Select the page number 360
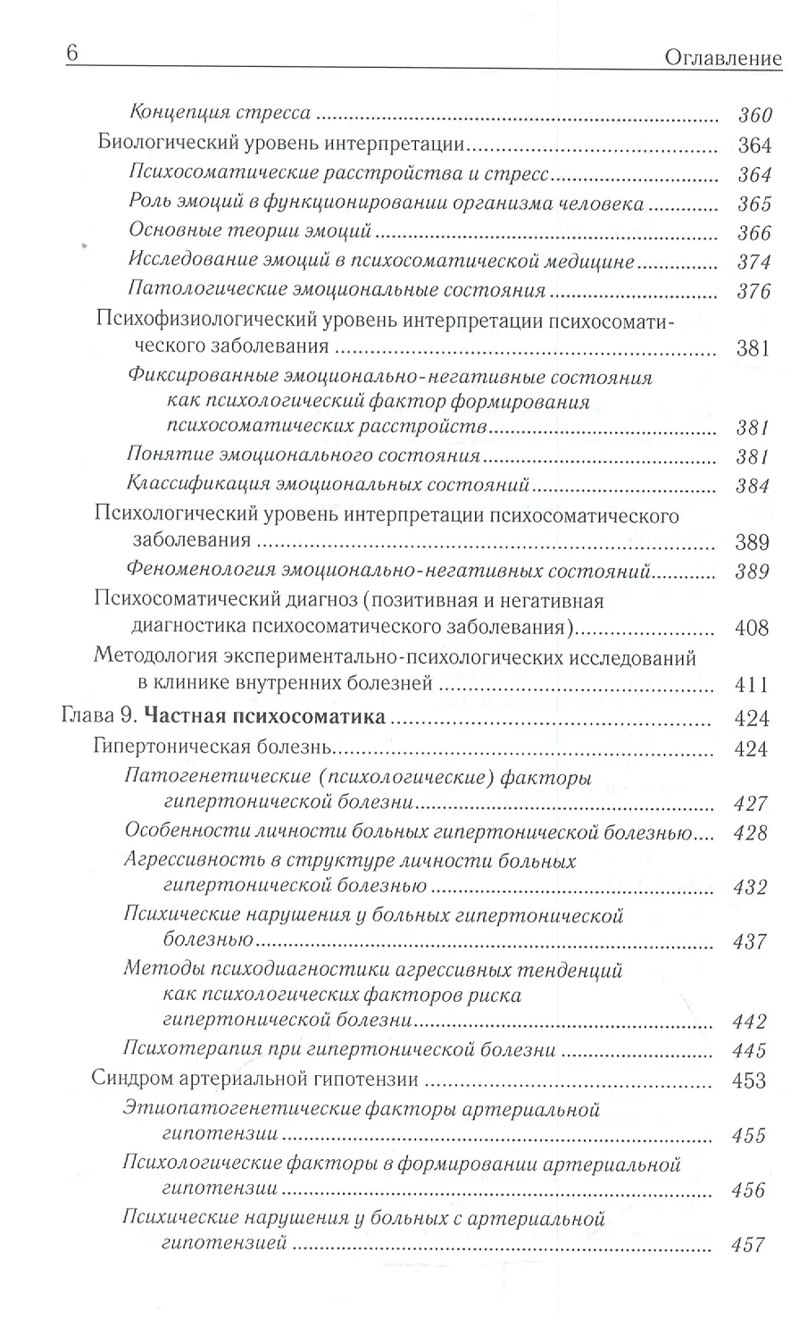pos(753,115)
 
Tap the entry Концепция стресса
pos(220,113)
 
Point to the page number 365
pos(753,204)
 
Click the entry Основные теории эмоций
pos(250,231)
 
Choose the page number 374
pos(753,262)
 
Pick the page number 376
pos(753,291)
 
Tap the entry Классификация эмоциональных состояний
pos(329,486)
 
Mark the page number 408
pos(752,628)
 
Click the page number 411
pos(752,685)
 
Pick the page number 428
pos(750,832)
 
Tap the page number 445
pos(749,1050)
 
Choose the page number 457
pos(748,1245)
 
